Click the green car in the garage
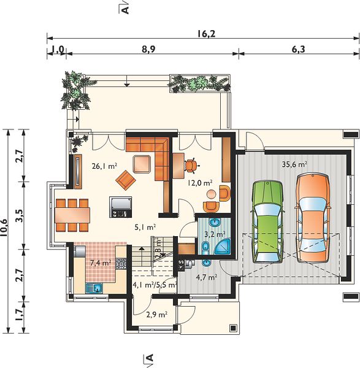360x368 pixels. [x=267, y=221]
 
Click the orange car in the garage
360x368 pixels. [x=313, y=218]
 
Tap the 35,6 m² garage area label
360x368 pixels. [x=294, y=164]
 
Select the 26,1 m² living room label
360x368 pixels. [x=104, y=166]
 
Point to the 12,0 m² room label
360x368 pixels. [x=200, y=183]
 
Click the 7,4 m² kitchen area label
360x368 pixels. [x=101, y=263]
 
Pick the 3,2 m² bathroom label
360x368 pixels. [x=215, y=234]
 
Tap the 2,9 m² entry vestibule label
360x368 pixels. [x=157, y=315]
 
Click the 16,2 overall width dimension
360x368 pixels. [x=206, y=34]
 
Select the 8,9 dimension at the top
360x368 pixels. [x=148, y=49]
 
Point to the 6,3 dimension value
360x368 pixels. [x=299, y=49]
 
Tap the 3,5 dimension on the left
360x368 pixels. [x=20, y=215]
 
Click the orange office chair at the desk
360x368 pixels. [x=191, y=166]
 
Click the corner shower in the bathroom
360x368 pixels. [x=223, y=247]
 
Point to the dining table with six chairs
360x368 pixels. [x=72, y=215]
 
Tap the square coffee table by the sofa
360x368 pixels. [x=142, y=164]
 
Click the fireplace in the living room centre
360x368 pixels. [x=121, y=207]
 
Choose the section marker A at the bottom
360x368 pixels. [x=149, y=358]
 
